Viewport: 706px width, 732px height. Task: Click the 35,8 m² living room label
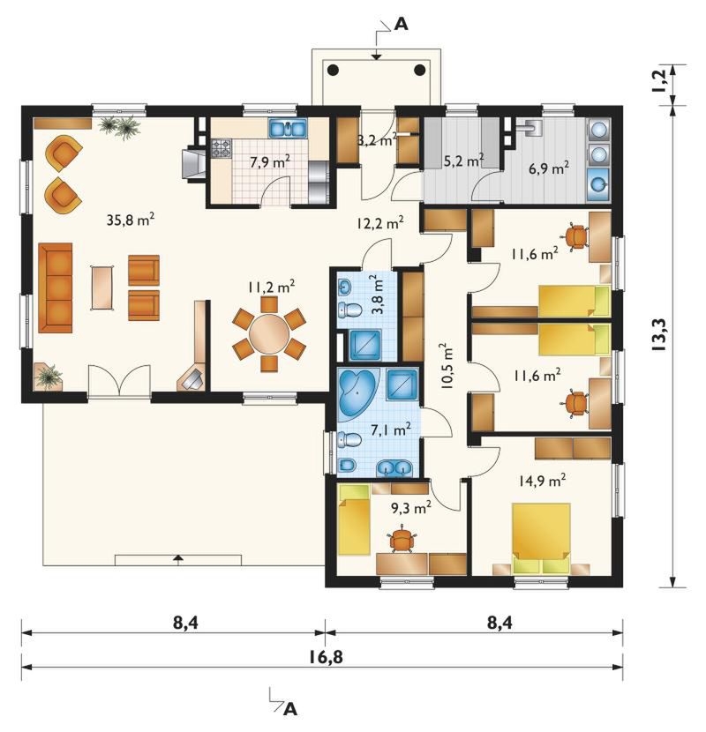[x=131, y=219]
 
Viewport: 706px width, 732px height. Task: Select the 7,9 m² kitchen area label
[x=269, y=162]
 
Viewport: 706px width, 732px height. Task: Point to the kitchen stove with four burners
[x=222, y=148]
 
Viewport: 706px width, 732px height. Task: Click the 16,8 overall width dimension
[x=326, y=657]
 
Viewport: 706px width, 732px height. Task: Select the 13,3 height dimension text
[x=662, y=335]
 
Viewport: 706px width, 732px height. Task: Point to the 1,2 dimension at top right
[x=661, y=84]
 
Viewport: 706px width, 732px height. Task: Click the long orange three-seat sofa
[x=55, y=288]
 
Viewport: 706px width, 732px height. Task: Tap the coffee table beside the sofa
[x=102, y=288]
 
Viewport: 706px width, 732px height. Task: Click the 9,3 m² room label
[x=410, y=507]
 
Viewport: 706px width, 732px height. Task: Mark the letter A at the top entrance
[x=401, y=24]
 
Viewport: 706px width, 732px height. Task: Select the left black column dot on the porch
[x=333, y=70]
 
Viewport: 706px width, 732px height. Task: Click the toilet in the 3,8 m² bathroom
[x=349, y=309]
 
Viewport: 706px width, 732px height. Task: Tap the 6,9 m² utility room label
[x=549, y=168]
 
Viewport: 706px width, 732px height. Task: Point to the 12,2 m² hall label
[x=379, y=223]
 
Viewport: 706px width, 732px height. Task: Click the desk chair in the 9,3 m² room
[x=402, y=539]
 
